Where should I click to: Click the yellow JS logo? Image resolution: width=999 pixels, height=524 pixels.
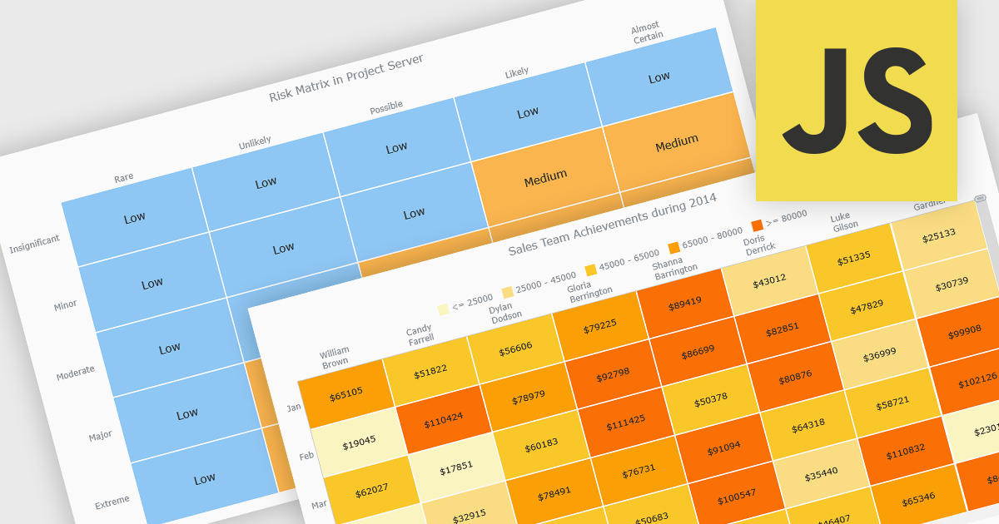[856, 100]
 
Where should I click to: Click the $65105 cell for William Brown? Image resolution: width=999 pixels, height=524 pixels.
[345, 392]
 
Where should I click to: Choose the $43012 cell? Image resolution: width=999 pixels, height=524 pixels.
[768, 282]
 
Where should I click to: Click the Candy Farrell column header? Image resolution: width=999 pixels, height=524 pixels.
[420, 335]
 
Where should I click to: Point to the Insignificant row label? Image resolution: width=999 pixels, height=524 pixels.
[35, 245]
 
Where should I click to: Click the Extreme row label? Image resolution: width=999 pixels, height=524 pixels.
[112, 502]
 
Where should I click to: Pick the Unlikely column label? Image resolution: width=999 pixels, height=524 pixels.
[255, 143]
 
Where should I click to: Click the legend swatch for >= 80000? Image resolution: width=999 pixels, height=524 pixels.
[757, 225]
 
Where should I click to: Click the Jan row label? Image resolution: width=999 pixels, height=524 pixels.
[293, 408]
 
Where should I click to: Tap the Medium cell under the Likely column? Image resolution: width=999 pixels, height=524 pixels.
[545, 176]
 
